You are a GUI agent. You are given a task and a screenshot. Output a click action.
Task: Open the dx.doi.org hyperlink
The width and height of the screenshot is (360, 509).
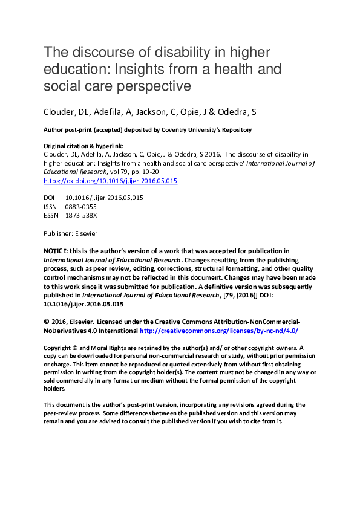tap(111, 181)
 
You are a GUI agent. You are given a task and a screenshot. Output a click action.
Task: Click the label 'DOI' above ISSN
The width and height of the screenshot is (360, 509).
tap(50, 198)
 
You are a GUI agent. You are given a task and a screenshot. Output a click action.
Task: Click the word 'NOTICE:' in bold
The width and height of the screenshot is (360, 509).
tap(56, 251)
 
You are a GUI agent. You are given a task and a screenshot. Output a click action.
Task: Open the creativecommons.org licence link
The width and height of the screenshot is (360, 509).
tap(219, 331)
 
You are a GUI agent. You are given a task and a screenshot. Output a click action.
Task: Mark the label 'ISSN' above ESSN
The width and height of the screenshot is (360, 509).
tap(51, 207)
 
